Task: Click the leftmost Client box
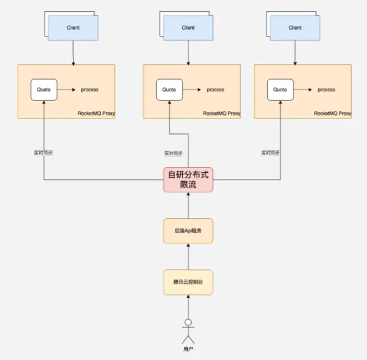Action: [73, 27]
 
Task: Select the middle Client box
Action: [188, 27]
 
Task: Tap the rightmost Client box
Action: [295, 27]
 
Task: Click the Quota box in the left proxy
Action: [44, 90]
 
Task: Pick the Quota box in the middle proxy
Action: [169, 90]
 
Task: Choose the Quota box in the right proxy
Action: [280, 90]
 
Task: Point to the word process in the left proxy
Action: [90, 90]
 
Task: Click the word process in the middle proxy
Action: [215, 90]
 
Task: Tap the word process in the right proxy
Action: [326, 90]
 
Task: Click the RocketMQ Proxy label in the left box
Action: [96, 113]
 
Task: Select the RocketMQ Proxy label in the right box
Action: [333, 113]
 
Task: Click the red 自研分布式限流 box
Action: [188, 179]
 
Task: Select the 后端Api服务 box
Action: [188, 231]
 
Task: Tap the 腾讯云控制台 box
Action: [188, 282]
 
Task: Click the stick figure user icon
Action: [188, 331]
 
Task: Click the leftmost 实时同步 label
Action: [44, 153]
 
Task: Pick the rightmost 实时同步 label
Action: [271, 153]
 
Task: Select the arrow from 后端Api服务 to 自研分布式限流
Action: [188, 205]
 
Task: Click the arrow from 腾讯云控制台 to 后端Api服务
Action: [188, 257]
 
